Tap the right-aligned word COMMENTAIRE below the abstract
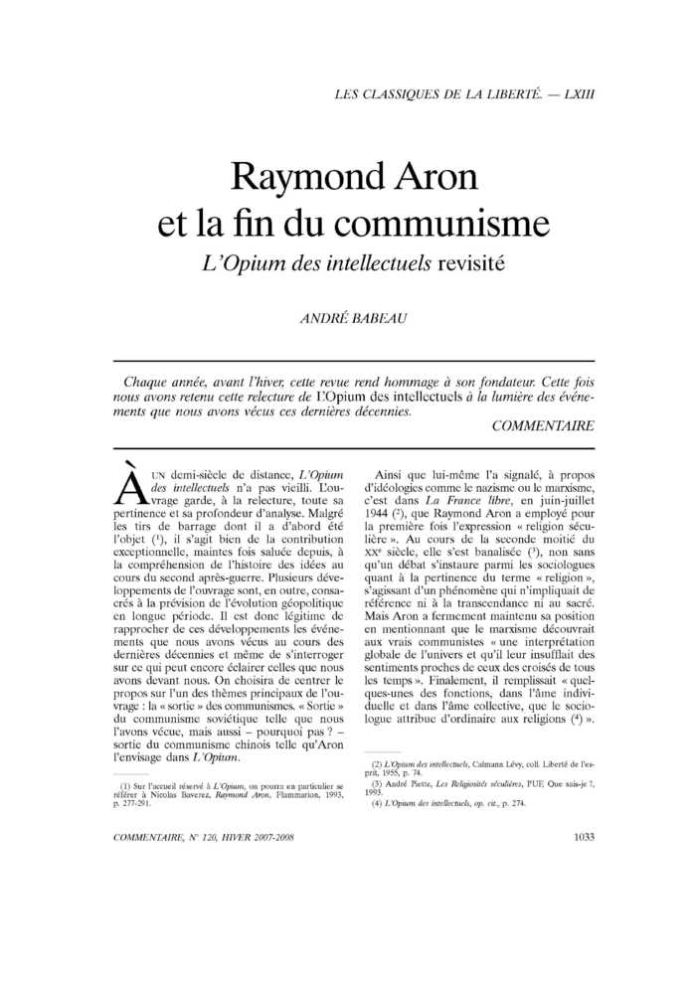tap(543, 425)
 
